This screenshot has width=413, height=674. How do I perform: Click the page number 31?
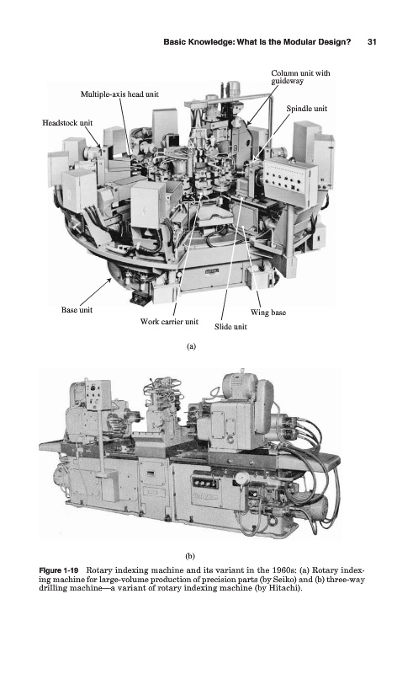coord(372,41)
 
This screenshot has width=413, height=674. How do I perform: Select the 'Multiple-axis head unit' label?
coord(119,94)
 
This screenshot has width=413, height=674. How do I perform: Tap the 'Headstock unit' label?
coord(67,122)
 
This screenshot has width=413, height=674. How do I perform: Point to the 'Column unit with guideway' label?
coord(300,77)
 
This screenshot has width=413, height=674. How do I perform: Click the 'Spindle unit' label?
coord(306,109)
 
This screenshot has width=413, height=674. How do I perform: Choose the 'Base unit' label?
coord(77,309)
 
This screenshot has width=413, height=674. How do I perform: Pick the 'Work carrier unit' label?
coord(169,321)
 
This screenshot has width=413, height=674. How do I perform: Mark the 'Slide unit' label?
coord(230,326)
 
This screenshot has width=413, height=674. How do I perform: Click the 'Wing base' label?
coord(267,312)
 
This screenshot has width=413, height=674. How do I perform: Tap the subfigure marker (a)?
coord(191,346)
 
